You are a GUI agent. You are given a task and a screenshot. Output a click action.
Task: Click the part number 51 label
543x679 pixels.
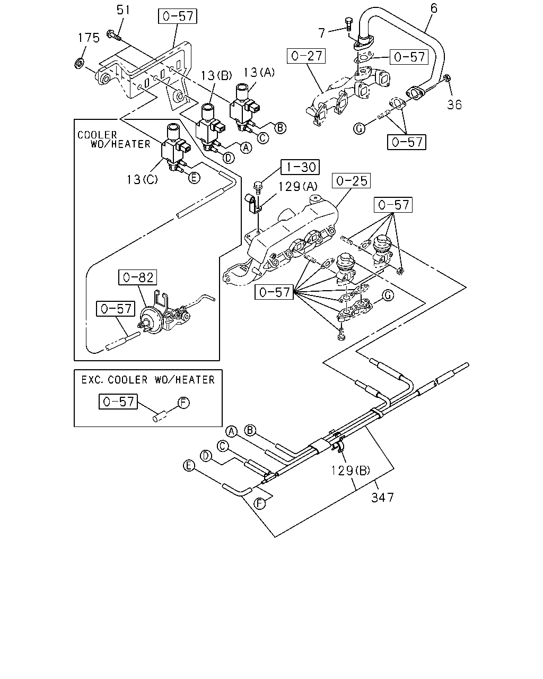pyautogui.click(x=123, y=10)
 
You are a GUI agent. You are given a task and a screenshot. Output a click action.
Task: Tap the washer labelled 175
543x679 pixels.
pyautogui.click(x=79, y=63)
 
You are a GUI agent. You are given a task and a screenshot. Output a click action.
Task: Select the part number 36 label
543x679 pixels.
pyautogui.click(x=454, y=105)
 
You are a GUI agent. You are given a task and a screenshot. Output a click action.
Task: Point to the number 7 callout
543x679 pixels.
pyautogui.click(x=321, y=33)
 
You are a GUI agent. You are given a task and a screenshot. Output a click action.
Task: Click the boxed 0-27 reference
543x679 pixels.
pyautogui.click(x=306, y=56)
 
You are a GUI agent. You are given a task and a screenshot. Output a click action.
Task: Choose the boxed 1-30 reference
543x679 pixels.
pyautogui.click(x=300, y=167)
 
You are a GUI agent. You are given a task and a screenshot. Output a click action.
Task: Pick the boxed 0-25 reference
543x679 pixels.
pyautogui.click(x=351, y=181)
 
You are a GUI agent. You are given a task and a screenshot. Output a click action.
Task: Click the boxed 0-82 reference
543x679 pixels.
pyautogui.click(x=137, y=277)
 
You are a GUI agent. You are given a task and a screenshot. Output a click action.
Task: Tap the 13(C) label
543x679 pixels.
pyautogui.click(x=142, y=179)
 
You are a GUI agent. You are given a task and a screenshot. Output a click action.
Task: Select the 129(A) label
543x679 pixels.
pyautogui.click(x=297, y=187)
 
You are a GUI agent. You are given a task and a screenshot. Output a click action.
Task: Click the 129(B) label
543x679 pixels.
pyautogui.click(x=350, y=471)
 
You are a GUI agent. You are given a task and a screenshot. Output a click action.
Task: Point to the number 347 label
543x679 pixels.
pyautogui.click(x=382, y=498)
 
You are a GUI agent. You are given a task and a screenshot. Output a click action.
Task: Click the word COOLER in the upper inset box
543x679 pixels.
pyautogui.click(x=97, y=135)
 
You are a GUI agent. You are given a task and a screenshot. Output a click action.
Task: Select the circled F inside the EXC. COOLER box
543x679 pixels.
pyautogui.click(x=183, y=403)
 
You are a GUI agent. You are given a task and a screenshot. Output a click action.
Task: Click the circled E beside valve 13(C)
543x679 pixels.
pyautogui.click(x=194, y=178)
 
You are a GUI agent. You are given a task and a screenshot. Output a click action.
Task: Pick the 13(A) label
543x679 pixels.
pyautogui.click(x=259, y=73)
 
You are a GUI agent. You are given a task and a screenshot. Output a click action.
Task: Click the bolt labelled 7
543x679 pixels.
pyautogui.click(x=348, y=24)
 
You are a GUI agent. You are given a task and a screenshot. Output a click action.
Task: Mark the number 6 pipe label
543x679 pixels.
pyautogui.click(x=434, y=8)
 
